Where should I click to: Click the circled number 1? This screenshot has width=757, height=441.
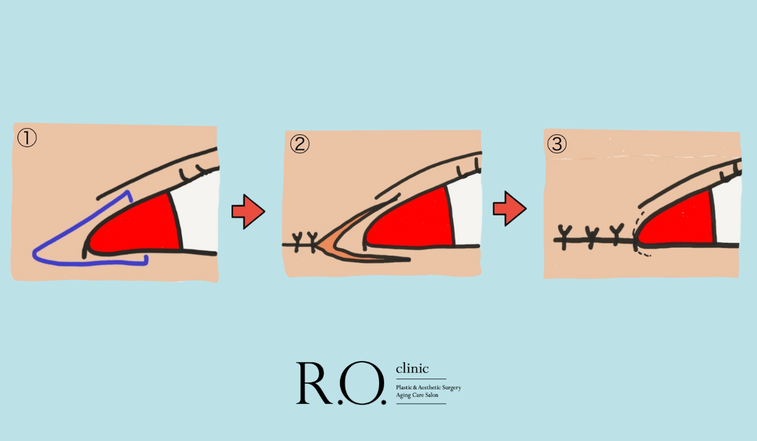(26, 138)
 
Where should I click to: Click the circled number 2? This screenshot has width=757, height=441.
(300, 144)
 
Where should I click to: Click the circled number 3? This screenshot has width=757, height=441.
(557, 144)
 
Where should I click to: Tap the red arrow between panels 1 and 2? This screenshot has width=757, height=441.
(249, 212)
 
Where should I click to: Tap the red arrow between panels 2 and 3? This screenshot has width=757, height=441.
(510, 209)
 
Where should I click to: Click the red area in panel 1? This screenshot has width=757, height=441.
(139, 227)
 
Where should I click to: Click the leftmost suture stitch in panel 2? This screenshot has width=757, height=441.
(297, 241)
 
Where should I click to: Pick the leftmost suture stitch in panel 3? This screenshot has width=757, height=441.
(564, 237)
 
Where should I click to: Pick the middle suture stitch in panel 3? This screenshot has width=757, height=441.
(592, 237)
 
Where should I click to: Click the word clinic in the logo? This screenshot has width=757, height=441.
(413, 369)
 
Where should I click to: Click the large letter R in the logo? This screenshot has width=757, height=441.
(314, 383)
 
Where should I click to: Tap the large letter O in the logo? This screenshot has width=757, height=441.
(362, 383)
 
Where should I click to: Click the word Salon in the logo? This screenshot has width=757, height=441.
(431, 395)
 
